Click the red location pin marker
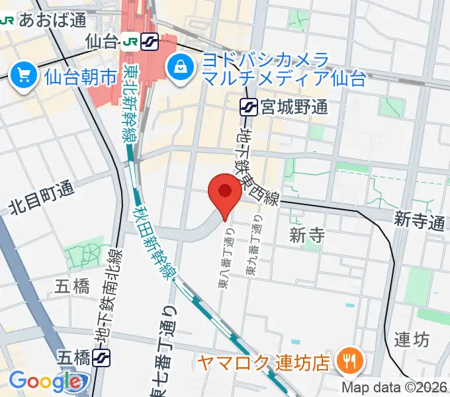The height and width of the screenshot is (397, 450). click(x=224, y=193)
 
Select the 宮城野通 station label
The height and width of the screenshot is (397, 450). click(x=293, y=107)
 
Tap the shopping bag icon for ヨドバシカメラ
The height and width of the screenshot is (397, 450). click(x=179, y=66)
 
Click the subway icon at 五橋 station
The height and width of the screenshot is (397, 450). click(x=101, y=358)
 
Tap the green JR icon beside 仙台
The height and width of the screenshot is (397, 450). click(x=129, y=42)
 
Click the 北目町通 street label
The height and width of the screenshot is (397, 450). click(x=40, y=198)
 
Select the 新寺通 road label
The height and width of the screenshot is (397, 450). click(x=419, y=222)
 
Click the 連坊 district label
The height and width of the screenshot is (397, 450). click(x=412, y=340)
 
